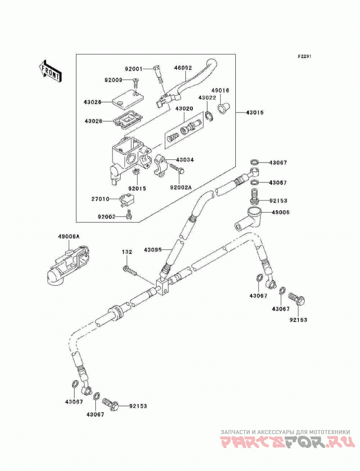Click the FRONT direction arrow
[50, 71]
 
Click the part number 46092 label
[183, 68]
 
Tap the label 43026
[93, 102]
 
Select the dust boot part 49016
[224, 108]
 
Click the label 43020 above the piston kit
[184, 108]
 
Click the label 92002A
[180, 187]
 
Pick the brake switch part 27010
[126, 200]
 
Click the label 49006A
[69, 237]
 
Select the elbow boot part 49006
[248, 219]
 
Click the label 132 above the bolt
[127, 252]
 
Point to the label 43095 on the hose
[153, 249]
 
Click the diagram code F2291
[305, 56]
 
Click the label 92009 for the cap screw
[113, 80]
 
